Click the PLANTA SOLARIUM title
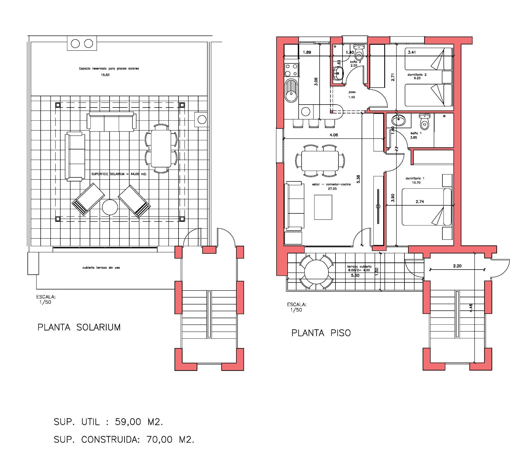pyautogui.click(x=79, y=327)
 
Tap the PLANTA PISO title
pyautogui.click(x=321, y=333)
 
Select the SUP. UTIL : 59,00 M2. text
pyautogui.click(x=108, y=422)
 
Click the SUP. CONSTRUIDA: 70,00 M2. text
pyautogui.click(x=124, y=439)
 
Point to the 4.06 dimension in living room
pyautogui.click(x=334, y=135)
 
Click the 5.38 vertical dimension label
pyautogui.click(x=358, y=179)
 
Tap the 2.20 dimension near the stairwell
pyautogui.click(x=457, y=266)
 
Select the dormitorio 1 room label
pyautogui.click(x=415, y=178)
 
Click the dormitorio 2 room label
pyautogui.click(x=417, y=75)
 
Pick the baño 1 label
pyautogui.click(x=416, y=133)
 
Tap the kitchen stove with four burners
pyautogui.click(x=291, y=70)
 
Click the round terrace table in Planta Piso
pyautogui.click(x=316, y=272)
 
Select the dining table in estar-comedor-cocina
pyautogui.click(x=320, y=160)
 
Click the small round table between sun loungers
pyautogui.click(x=110, y=207)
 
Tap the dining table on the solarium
pyautogui.click(x=161, y=148)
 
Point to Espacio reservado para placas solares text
pyautogui.click(x=109, y=69)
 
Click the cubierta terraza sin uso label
pyautogui.click(x=101, y=268)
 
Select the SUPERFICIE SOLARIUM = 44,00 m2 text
pyautogui.click(x=119, y=174)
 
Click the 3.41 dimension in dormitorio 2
pyautogui.click(x=412, y=52)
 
